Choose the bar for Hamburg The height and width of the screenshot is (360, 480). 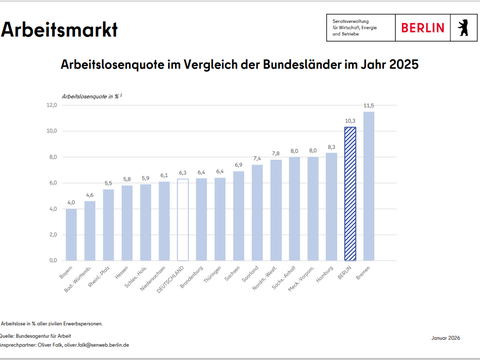click(332, 205)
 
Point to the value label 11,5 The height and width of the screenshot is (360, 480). click(369, 104)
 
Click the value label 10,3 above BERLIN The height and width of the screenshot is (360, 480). click(350, 120)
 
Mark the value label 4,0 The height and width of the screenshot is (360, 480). click(71, 202)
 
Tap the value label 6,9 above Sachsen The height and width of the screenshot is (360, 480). click(238, 165)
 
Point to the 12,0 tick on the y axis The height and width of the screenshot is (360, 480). click(51, 105)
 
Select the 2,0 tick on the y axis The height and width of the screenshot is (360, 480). click(51, 234)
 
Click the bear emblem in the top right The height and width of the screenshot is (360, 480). click(463, 27)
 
